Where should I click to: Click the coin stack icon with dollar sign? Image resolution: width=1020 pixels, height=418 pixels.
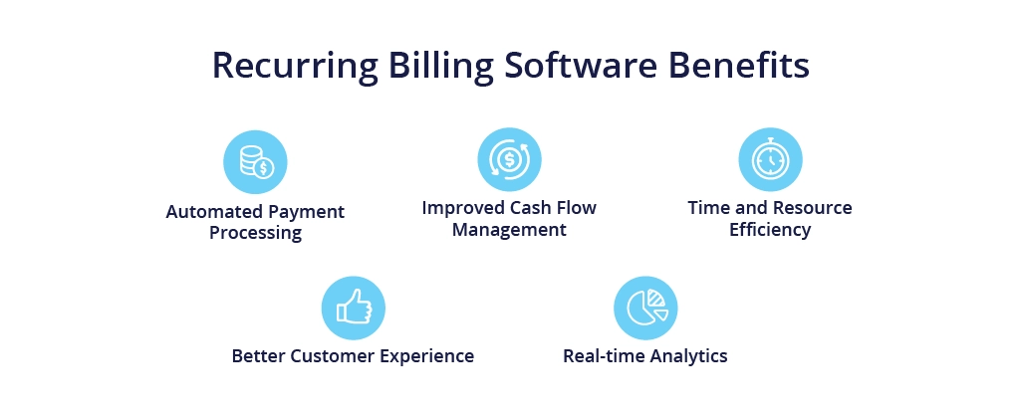[256, 161]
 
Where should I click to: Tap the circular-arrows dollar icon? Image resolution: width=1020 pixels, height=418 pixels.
[509, 159]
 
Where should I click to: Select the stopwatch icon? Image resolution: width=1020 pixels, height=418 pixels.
[770, 158]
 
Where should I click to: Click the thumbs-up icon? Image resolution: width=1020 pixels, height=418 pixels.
[354, 307]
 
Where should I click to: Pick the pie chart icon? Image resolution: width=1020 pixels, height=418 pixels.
[646, 307]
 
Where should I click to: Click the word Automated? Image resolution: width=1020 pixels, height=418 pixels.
[207, 212]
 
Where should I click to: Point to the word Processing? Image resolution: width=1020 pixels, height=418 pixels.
[256, 233]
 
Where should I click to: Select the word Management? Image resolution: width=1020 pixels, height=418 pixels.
[509, 230]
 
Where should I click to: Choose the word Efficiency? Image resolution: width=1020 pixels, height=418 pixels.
[770, 230]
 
